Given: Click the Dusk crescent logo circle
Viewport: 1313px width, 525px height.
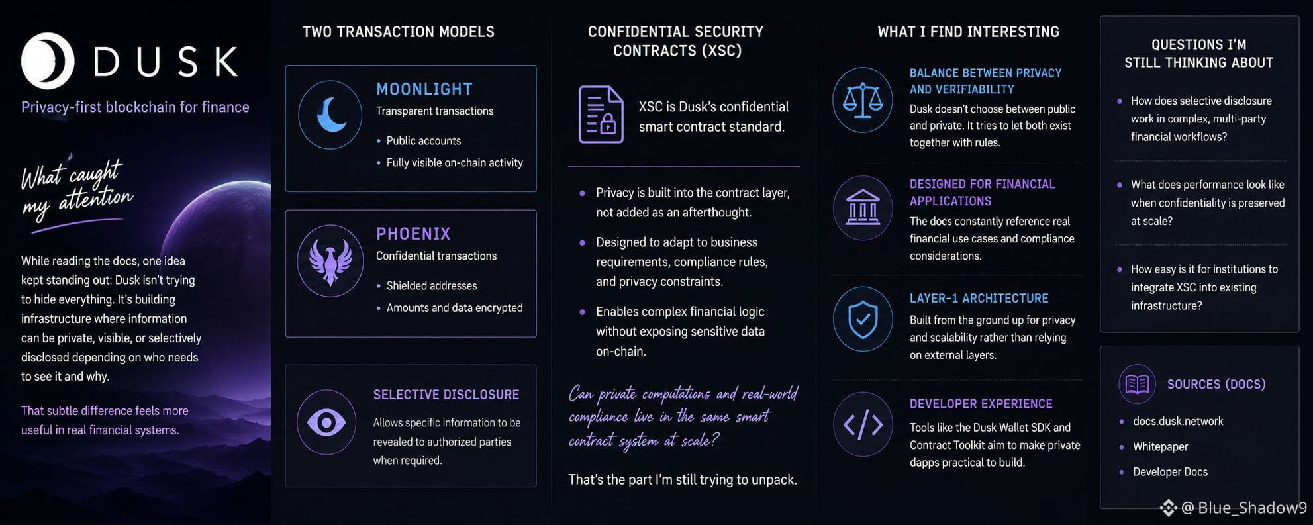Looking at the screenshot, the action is click(x=47, y=61).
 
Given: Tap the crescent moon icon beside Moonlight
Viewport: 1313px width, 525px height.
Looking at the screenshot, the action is click(x=331, y=115).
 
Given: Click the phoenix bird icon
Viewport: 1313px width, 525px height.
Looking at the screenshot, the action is click(x=330, y=261).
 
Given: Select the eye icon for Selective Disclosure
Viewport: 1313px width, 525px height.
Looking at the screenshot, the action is click(x=326, y=422).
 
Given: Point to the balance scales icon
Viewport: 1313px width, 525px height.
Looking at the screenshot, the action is click(x=862, y=100).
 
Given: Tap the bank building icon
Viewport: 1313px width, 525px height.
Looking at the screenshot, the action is click(x=863, y=207).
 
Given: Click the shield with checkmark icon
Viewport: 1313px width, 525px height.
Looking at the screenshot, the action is click(x=863, y=319).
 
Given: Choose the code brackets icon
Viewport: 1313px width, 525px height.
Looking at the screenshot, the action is click(x=863, y=425).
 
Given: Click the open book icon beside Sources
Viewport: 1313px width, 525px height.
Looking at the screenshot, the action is click(x=1137, y=384).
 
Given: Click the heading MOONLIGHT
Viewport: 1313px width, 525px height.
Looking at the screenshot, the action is click(x=424, y=89).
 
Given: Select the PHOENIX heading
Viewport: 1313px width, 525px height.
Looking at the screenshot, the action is click(x=413, y=234).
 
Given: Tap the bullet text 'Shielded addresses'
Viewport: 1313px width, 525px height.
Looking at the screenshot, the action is click(x=432, y=285).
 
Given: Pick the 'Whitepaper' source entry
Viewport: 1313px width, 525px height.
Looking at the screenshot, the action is click(x=1160, y=446).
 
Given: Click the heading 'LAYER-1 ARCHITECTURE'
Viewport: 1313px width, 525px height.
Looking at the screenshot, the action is click(x=979, y=298).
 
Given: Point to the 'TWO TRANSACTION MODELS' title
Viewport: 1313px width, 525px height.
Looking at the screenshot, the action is click(x=399, y=32).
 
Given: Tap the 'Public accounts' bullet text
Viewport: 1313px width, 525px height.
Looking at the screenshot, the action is click(x=424, y=140).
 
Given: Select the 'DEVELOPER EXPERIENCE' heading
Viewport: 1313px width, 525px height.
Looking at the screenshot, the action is click(x=981, y=403).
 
